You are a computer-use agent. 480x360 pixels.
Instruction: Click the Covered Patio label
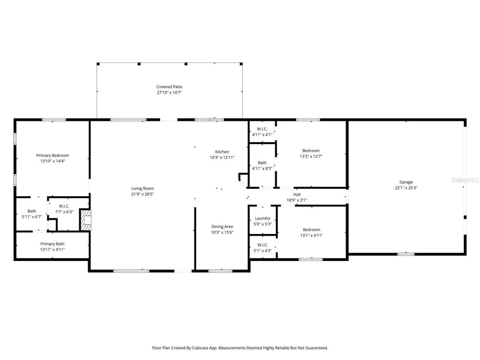coord(169,87)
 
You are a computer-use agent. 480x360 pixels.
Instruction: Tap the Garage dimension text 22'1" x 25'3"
coord(406,188)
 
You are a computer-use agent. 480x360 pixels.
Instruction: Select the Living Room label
coord(142,188)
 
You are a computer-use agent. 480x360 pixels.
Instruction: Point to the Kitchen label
coord(222,152)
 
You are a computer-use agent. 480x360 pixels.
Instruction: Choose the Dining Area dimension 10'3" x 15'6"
coord(222,232)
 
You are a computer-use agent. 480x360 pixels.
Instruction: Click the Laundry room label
coord(262,218)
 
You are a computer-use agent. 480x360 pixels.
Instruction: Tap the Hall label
coord(297,194)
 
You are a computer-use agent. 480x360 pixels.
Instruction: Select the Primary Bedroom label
coord(52,155)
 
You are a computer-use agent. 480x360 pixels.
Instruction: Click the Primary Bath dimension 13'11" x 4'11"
coord(52,249)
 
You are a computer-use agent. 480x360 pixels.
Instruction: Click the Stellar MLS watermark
coord(465,180)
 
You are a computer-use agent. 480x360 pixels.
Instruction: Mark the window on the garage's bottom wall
coord(406,254)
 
